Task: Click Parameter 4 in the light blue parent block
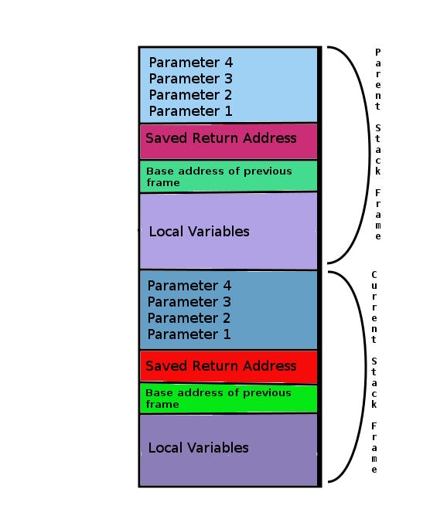190,63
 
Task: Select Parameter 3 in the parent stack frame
190,79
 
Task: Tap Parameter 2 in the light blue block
190,95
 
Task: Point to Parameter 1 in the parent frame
190,111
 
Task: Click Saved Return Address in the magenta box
220,138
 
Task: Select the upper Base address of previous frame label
219,177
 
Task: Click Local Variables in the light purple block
199,232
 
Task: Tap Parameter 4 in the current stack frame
189,286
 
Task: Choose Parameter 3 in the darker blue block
189,302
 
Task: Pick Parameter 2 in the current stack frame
189,318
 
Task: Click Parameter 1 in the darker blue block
189,334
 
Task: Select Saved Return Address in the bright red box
220,366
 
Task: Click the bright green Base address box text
219,399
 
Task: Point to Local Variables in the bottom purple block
198,448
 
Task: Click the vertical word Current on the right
374,307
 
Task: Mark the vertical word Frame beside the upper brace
377,213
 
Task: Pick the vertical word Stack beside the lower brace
374,382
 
